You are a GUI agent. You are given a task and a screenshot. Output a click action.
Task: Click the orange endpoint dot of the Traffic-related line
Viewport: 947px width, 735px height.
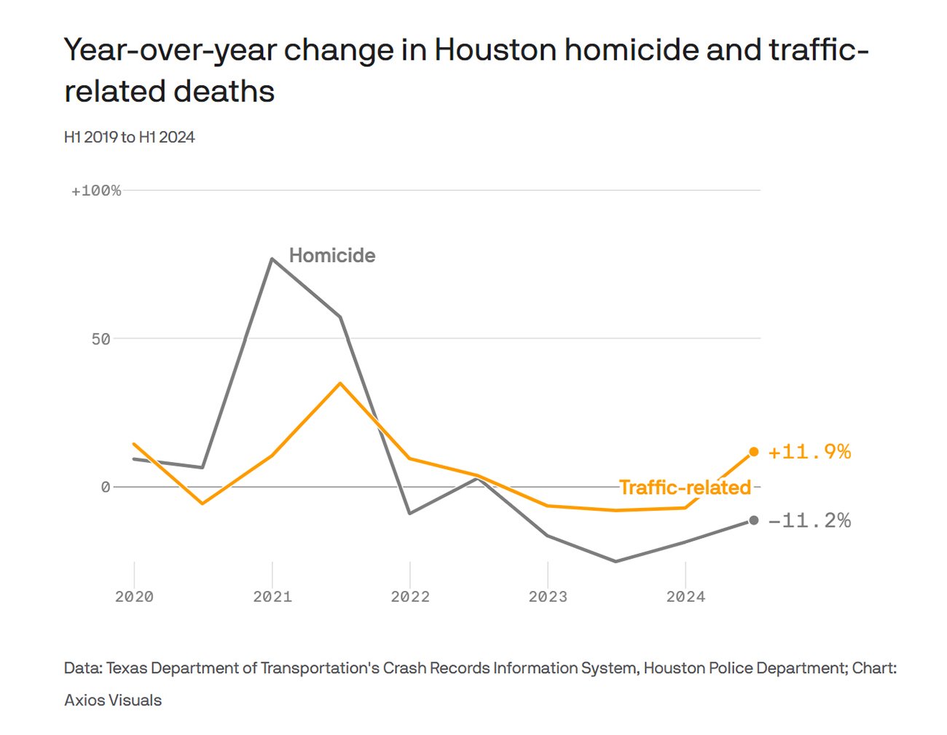pyautogui.click(x=754, y=452)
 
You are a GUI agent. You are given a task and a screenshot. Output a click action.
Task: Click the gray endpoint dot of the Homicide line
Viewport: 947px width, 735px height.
pyautogui.click(x=754, y=520)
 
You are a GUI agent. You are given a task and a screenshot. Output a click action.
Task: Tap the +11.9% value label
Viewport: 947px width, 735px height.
pyautogui.click(x=809, y=452)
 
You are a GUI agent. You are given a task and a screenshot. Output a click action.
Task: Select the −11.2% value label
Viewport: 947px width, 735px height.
pyautogui.click(x=809, y=520)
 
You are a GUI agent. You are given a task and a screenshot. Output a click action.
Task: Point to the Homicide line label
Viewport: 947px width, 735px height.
pyautogui.click(x=332, y=255)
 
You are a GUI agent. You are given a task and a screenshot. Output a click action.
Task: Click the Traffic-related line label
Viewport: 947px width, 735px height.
pyautogui.click(x=685, y=487)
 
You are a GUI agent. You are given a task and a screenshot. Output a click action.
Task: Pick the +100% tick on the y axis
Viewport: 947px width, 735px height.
pyautogui.click(x=96, y=191)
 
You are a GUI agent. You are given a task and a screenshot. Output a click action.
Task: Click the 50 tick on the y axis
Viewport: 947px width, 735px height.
pyautogui.click(x=101, y=339)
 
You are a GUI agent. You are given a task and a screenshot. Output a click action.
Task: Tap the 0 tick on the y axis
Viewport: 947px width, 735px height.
pyautogui.click(x=106, y=487)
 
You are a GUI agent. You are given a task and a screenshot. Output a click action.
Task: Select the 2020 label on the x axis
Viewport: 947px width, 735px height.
pyautogui.click(x=134, y=597)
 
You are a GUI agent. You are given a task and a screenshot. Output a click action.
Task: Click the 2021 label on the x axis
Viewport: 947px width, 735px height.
pyautogui.click(x=272, y=597)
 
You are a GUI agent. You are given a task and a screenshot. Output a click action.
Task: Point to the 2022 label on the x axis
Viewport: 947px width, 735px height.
pyautogui.click(x=410, y=597)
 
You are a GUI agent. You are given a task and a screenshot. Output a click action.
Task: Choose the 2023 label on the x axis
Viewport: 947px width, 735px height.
pyautogui.click(x=548, y=597)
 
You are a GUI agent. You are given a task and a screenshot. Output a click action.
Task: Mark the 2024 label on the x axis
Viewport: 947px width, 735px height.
pyautogui.click(x=685, y=597)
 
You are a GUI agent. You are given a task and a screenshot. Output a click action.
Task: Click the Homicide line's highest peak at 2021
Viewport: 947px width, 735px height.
pyautogui.click(x=272, y=258)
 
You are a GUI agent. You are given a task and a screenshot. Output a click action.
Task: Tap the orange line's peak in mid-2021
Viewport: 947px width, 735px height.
pyautogui.click(x=340, y=383)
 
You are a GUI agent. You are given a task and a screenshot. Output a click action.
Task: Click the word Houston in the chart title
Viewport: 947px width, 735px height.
pyautogui.click(x=495, y=50)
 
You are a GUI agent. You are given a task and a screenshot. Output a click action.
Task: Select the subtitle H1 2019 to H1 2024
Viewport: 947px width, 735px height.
pyautogui.click(x=130, y=138)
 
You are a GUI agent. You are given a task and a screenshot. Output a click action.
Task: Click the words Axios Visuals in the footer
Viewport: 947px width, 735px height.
pyautogui.click(x=113, y=700)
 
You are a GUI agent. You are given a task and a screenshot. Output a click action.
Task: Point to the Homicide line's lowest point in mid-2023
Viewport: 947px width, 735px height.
pyautogui.click(x=616, y=561)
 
